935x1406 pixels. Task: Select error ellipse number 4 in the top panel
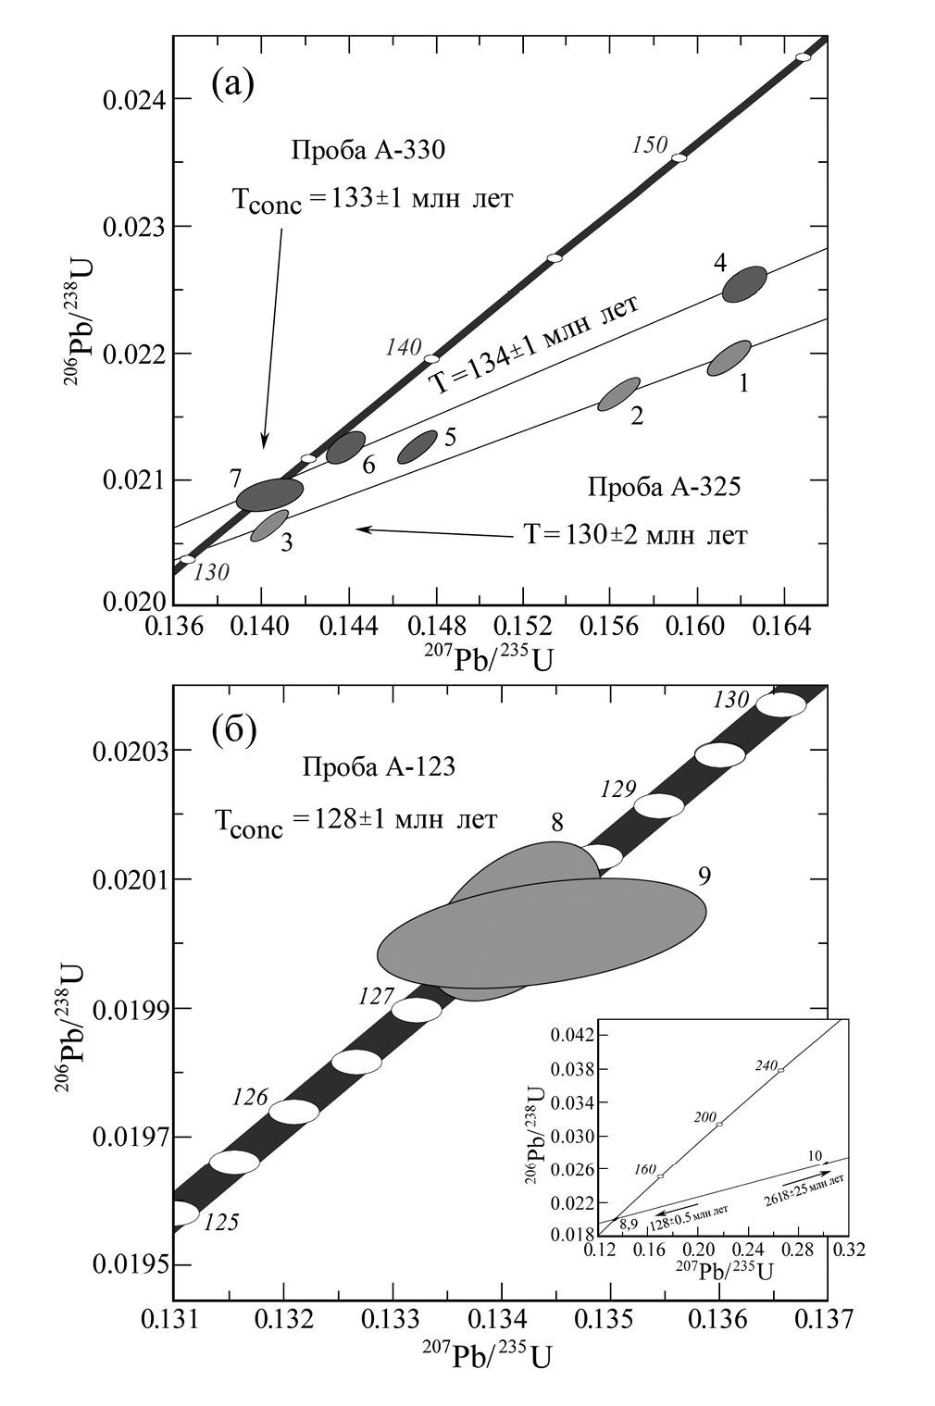tap(744, 284)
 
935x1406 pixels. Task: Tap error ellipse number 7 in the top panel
tap(269, 494)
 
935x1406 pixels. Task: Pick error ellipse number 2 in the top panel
tap(618, 394)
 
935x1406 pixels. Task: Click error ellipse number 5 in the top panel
tap(417, 446)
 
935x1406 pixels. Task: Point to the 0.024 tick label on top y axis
tap(128, 100)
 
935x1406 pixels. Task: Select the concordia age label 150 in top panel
tap(650, 143)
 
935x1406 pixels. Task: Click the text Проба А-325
tap(664, 487)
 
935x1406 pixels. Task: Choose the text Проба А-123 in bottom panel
tap(378, 767)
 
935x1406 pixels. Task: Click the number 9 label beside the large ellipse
tap(704, 876)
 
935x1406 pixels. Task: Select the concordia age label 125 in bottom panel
tap(220, 1222)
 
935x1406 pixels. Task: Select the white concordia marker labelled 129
tap(659, 805)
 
